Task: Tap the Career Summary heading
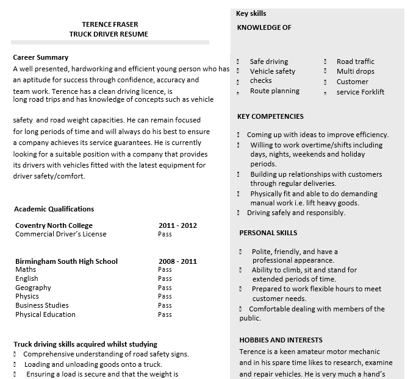[40, 57]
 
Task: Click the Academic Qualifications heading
[54, 209]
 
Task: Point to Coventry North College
[54, 225]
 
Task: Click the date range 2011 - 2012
[178, 225]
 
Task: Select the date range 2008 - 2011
[178, 261]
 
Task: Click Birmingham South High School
[66, 261]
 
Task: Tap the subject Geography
[33, 288]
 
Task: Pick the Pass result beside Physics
[165, 297]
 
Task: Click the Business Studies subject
[42, 305]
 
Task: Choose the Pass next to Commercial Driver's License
[165, 234]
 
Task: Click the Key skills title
[251, 13]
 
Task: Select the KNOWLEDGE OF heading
[264, 27]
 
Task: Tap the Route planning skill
[274, 91]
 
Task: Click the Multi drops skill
[356, 71]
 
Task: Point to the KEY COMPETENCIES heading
[270, 116]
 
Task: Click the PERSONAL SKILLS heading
[268, 233]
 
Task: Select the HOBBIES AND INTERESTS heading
[281, 340]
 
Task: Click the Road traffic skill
[356, 62]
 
